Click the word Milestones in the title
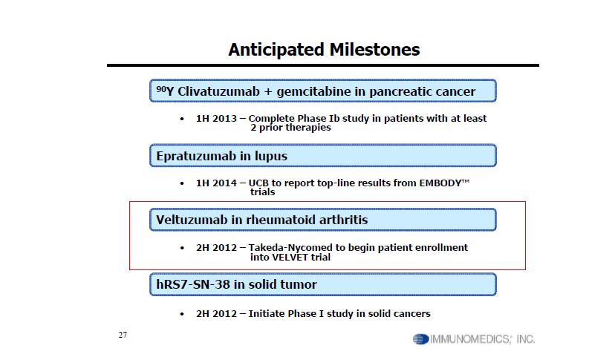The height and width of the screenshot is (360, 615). pos(374,50)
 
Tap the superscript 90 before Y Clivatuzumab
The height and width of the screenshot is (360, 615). pos(161,88)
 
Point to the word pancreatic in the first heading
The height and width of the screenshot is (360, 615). pos(394,92)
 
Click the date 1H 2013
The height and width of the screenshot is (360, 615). pos(216,119)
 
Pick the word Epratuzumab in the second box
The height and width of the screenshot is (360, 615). pos(196,156)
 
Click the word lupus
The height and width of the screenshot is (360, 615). pos(271,156)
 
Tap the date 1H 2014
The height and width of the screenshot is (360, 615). pos(216,183)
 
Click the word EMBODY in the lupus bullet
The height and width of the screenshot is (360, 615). pos(440,183)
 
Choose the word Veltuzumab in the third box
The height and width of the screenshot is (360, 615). pos(192,220)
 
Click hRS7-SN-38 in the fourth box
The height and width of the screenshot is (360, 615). pos(193,284)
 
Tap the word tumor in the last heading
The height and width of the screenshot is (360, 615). pos(300,284)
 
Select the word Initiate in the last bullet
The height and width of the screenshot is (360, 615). pos(267,314)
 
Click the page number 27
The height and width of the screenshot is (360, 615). pos(123,335)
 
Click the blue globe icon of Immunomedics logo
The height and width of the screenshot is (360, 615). pos(420,339)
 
